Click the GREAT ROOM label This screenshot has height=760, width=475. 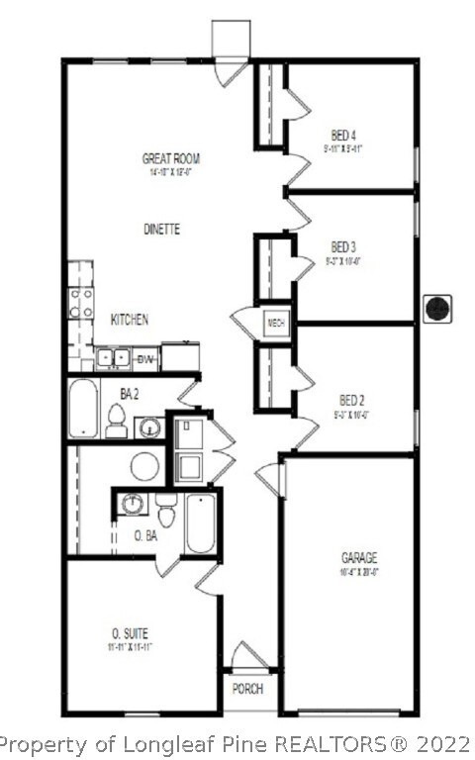[x=172, y=158]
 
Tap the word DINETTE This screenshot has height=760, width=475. [x=159, y=229]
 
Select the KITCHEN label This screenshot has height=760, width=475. [x=130, y=320]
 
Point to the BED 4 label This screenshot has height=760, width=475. [x=343, y=136]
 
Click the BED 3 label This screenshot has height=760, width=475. [x=343, y=246]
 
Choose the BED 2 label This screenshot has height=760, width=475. [x=352, y=400]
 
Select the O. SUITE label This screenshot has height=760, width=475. [x=130, y=633]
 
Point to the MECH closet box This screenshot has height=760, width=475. [x=276, y=323]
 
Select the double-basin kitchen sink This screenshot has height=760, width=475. [x=113, y=357]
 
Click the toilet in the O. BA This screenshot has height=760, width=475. [x=166, y=511]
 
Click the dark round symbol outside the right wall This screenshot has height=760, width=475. [x=436, y=309]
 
